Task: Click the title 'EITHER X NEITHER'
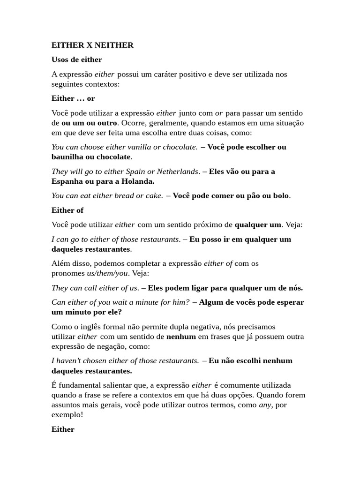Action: (x=92, y=45)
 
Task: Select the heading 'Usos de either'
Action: (x=76, y=60)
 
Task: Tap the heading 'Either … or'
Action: (x=73, y=98)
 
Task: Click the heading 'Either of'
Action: (x=67, y=210)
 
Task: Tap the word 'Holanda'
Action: (x=136, y=181)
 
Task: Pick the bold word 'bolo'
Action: (x=281, y=195)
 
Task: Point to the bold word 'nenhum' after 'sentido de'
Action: (x=178, y=337)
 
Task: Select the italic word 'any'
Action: (x=265, y=405)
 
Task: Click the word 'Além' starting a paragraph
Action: (x=60, y=263)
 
